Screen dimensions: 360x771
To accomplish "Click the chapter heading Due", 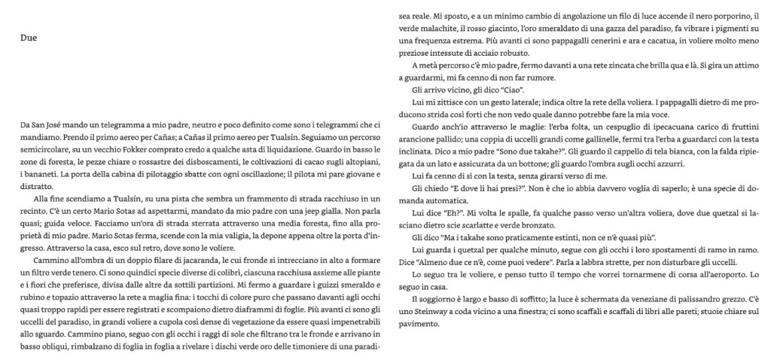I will [x=29, y=38].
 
